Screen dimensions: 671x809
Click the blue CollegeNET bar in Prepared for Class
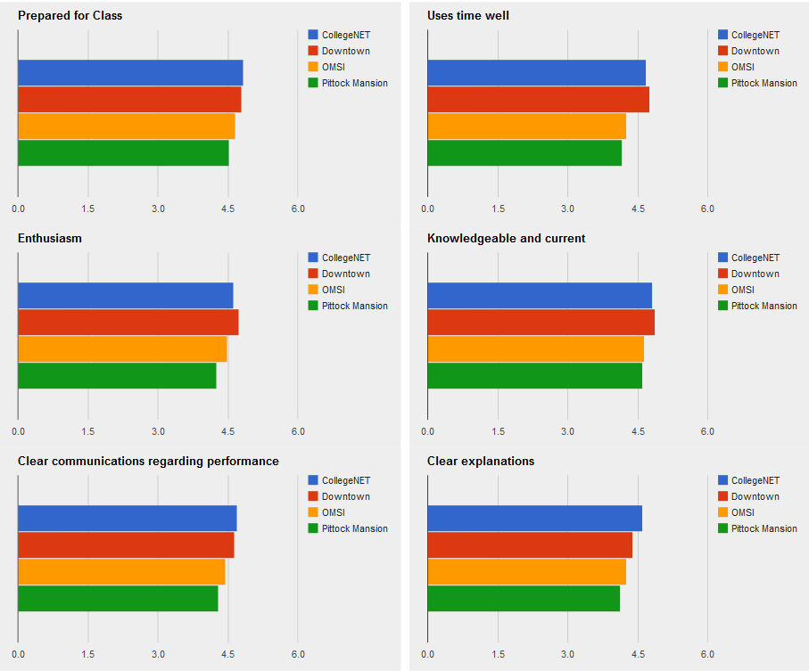130,73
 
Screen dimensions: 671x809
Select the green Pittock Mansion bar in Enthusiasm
117,376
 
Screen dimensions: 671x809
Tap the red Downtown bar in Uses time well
538,100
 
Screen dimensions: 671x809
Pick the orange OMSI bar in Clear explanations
526,572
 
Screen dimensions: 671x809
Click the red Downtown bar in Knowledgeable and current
541,323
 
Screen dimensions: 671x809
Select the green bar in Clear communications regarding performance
118,599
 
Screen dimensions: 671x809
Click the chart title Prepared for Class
70,16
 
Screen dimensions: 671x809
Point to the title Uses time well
468,16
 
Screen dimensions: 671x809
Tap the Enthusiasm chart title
50,239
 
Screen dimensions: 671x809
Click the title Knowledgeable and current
506,239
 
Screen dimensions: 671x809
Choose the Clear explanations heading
481,462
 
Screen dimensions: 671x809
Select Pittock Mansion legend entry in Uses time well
764,83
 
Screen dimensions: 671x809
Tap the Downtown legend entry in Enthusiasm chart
345,274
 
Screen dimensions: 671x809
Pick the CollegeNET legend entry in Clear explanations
755,480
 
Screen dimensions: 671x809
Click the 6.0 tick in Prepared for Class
298,209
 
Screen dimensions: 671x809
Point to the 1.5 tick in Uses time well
498,209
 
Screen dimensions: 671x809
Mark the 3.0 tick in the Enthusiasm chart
158,431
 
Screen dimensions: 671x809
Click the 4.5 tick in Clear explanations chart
638,654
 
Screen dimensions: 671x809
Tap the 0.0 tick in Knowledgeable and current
428,431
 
